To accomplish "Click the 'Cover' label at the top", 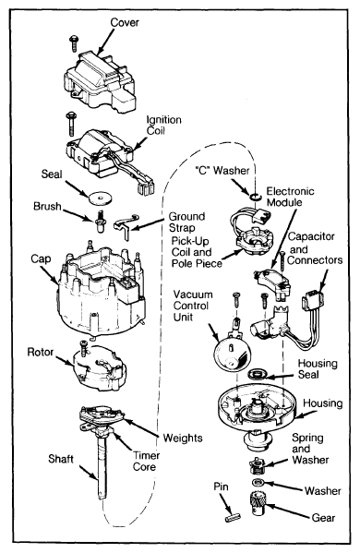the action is click(125, 22).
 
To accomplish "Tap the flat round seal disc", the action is click(100, 198).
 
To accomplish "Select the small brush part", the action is click(101, 222).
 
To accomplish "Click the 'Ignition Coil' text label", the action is click(163, 125).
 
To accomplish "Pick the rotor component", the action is click(99, 367).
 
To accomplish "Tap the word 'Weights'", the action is click(183, 438).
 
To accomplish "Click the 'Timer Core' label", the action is click(146, 461).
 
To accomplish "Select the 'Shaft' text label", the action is click(61, 459).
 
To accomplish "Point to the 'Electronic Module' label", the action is click(290, 197).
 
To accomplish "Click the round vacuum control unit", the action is click(232, 353).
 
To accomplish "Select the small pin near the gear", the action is click(233, 518).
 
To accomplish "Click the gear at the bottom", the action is click(259, 503).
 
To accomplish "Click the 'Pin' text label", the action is click(222, 487).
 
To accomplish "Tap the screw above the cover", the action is click(74, 42).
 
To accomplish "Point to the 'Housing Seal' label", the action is click(318, 368).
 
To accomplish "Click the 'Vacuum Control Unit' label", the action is click(193, 306).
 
